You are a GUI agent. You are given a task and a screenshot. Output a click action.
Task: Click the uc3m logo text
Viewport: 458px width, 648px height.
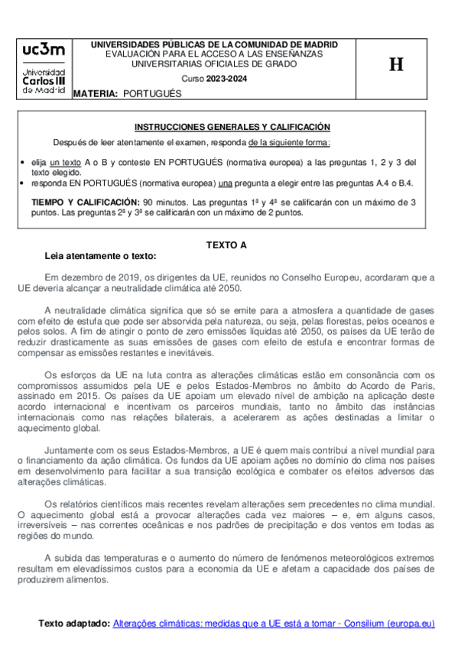point(44,50)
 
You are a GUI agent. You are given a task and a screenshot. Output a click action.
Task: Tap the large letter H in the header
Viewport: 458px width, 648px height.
point(395,65)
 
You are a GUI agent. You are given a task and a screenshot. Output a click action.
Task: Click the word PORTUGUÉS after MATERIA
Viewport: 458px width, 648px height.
point(152,92)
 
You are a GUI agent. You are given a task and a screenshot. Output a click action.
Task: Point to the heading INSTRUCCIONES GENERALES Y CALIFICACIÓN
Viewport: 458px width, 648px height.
point(232,127)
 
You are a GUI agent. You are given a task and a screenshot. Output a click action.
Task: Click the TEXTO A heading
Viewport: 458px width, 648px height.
point(227,245)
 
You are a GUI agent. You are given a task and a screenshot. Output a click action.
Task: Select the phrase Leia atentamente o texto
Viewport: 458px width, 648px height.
point(101,256)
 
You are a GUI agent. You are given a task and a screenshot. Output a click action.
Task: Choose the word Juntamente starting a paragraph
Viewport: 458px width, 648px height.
point(73,451)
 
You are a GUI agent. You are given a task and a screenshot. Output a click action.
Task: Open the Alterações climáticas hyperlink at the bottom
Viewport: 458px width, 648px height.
point(273,624)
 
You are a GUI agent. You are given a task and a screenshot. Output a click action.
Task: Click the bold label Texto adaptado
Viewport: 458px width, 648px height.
point(73,624)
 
